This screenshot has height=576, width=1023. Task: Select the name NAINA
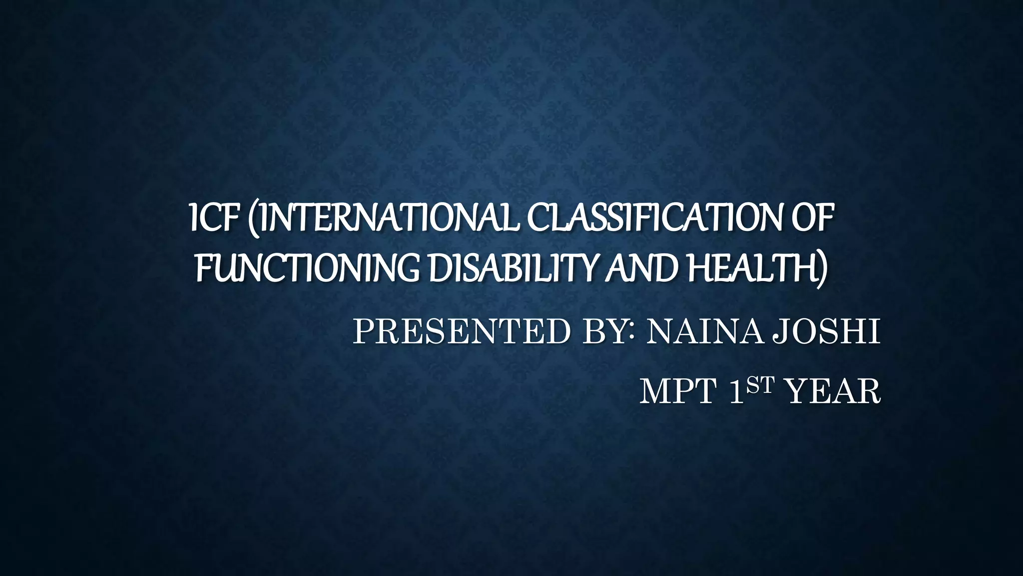[704, 332]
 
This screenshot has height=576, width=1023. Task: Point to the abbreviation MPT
[679, 392]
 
